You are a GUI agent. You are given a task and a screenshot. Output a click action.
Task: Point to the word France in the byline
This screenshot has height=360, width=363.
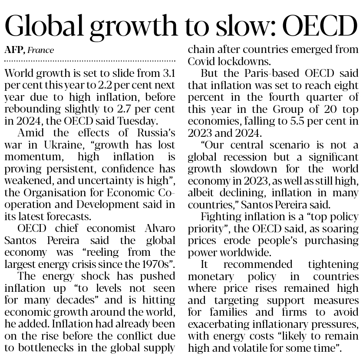click(x=41, y=50)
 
